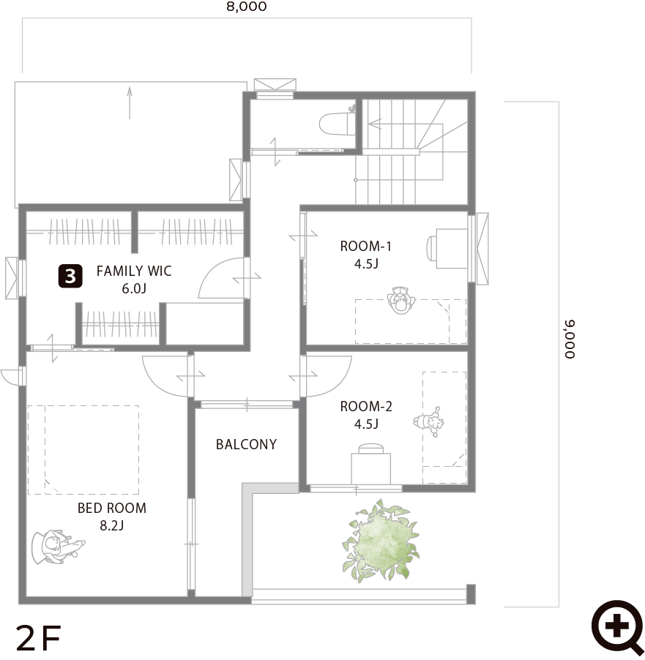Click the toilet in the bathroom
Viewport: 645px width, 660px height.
click(338, 121)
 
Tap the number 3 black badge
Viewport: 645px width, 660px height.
click(70, 276)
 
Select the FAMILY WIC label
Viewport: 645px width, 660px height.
click(134, 271)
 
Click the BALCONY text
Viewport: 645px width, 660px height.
click(246, 444)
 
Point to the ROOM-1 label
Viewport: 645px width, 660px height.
click(365, 247)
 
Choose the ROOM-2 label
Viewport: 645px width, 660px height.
click(366, 407)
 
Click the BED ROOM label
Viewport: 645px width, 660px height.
click(112, 508)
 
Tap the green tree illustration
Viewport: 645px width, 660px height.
click(381, 541)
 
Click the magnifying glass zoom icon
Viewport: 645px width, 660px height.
click(617, 628)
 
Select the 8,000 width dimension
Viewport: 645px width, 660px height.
click(247, 7)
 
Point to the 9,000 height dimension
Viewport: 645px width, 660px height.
click(569, 340)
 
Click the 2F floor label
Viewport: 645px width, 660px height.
click(39, 638)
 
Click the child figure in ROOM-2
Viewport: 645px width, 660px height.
click(429, 422)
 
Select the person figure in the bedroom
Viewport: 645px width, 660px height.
click(58, 547)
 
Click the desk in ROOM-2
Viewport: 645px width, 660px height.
click(370, 468)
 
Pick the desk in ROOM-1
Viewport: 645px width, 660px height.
click(452, 248)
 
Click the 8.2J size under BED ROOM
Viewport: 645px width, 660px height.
click(111, 525)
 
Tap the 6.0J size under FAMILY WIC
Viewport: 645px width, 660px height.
click(134, 289)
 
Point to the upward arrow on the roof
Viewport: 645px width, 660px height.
click(130, 102)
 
